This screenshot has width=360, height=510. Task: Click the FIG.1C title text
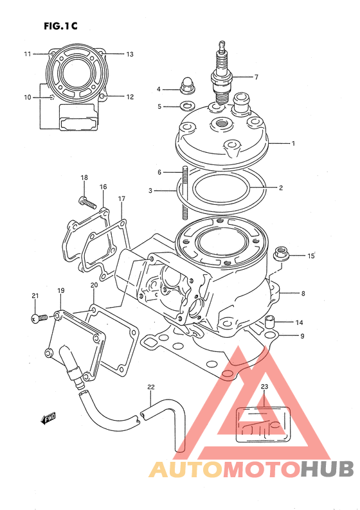[x=60, y=26]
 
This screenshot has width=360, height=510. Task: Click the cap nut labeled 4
[x=185, y=86]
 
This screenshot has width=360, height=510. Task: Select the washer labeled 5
[x=186, y=106]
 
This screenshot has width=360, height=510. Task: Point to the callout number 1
[x=293, y=143]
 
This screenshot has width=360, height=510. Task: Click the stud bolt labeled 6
[x=185, y=193]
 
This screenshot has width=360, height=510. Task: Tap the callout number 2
[x=280, y=188]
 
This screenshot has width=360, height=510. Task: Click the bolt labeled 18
[x=87, y=202]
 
